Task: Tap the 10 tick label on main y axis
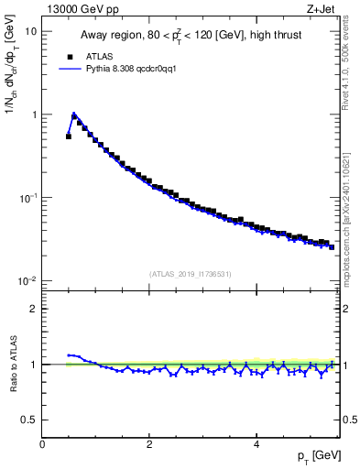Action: (31, 31)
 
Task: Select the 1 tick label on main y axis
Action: (34, 115)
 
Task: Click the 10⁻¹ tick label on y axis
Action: (29, 198)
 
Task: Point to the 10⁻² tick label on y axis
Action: (29, 281)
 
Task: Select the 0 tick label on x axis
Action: (43, 444)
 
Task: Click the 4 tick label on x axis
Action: (256, 444)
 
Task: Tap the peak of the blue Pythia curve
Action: (74, 115)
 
